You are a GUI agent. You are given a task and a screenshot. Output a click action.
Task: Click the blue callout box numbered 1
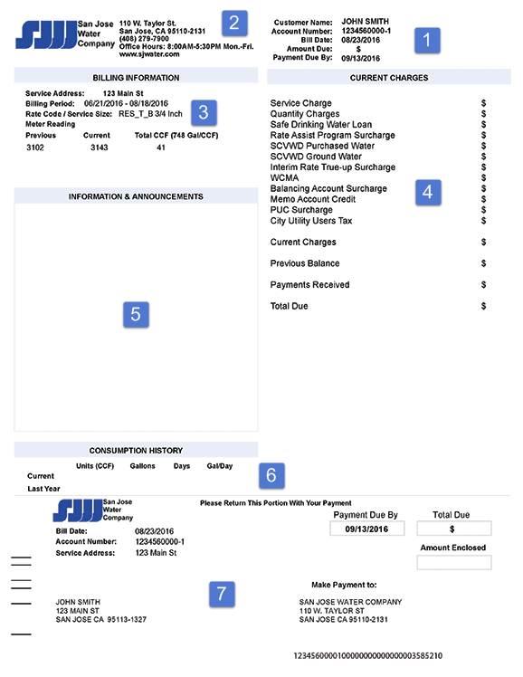(427, 38)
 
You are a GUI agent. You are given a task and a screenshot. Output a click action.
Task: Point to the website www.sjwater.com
(149, 54)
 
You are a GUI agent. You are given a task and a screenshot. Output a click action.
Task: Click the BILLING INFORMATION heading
(136, 78)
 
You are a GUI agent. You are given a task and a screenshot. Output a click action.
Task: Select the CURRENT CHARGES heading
(389, 78)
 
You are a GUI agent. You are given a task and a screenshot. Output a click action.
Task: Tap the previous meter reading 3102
(36, 147)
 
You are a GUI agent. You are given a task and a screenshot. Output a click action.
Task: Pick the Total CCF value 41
(160, 147)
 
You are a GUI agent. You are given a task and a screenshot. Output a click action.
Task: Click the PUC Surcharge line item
(302, 210)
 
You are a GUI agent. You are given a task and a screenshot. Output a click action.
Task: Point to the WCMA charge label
(283, 178)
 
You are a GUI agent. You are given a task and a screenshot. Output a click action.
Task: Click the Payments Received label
(309, 285)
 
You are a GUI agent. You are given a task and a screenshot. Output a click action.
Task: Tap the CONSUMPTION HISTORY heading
(136, 450)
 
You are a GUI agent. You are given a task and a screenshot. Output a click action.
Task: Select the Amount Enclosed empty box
(454, 563)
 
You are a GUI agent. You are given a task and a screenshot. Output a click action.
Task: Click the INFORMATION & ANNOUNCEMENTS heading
(136, 196)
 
